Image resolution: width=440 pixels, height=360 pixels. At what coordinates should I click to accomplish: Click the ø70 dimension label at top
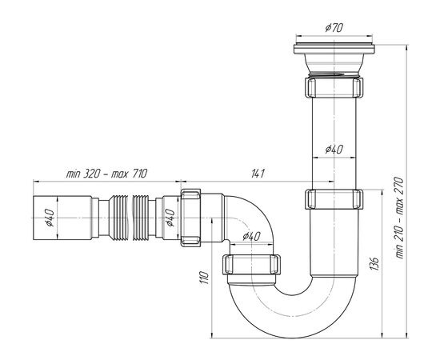pos(334,28)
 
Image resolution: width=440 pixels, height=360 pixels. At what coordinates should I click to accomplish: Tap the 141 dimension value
pos(258,174)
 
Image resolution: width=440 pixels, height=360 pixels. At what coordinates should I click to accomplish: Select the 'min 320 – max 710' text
pos(106,174)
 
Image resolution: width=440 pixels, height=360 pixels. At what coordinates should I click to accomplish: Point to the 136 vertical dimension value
pos(374,263)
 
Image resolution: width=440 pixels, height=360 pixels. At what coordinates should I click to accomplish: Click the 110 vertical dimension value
pos(205,278)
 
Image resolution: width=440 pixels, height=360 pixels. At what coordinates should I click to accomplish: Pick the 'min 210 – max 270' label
pos(399,218)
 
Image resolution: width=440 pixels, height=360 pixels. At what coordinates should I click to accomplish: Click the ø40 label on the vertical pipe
pos(334,150)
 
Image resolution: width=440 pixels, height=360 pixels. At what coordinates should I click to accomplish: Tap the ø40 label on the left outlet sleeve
pos(50,218)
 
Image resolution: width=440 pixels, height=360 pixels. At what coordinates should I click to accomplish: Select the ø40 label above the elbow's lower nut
pos(251,237)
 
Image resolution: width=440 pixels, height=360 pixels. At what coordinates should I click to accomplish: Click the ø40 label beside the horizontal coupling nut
pos(170,218)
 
